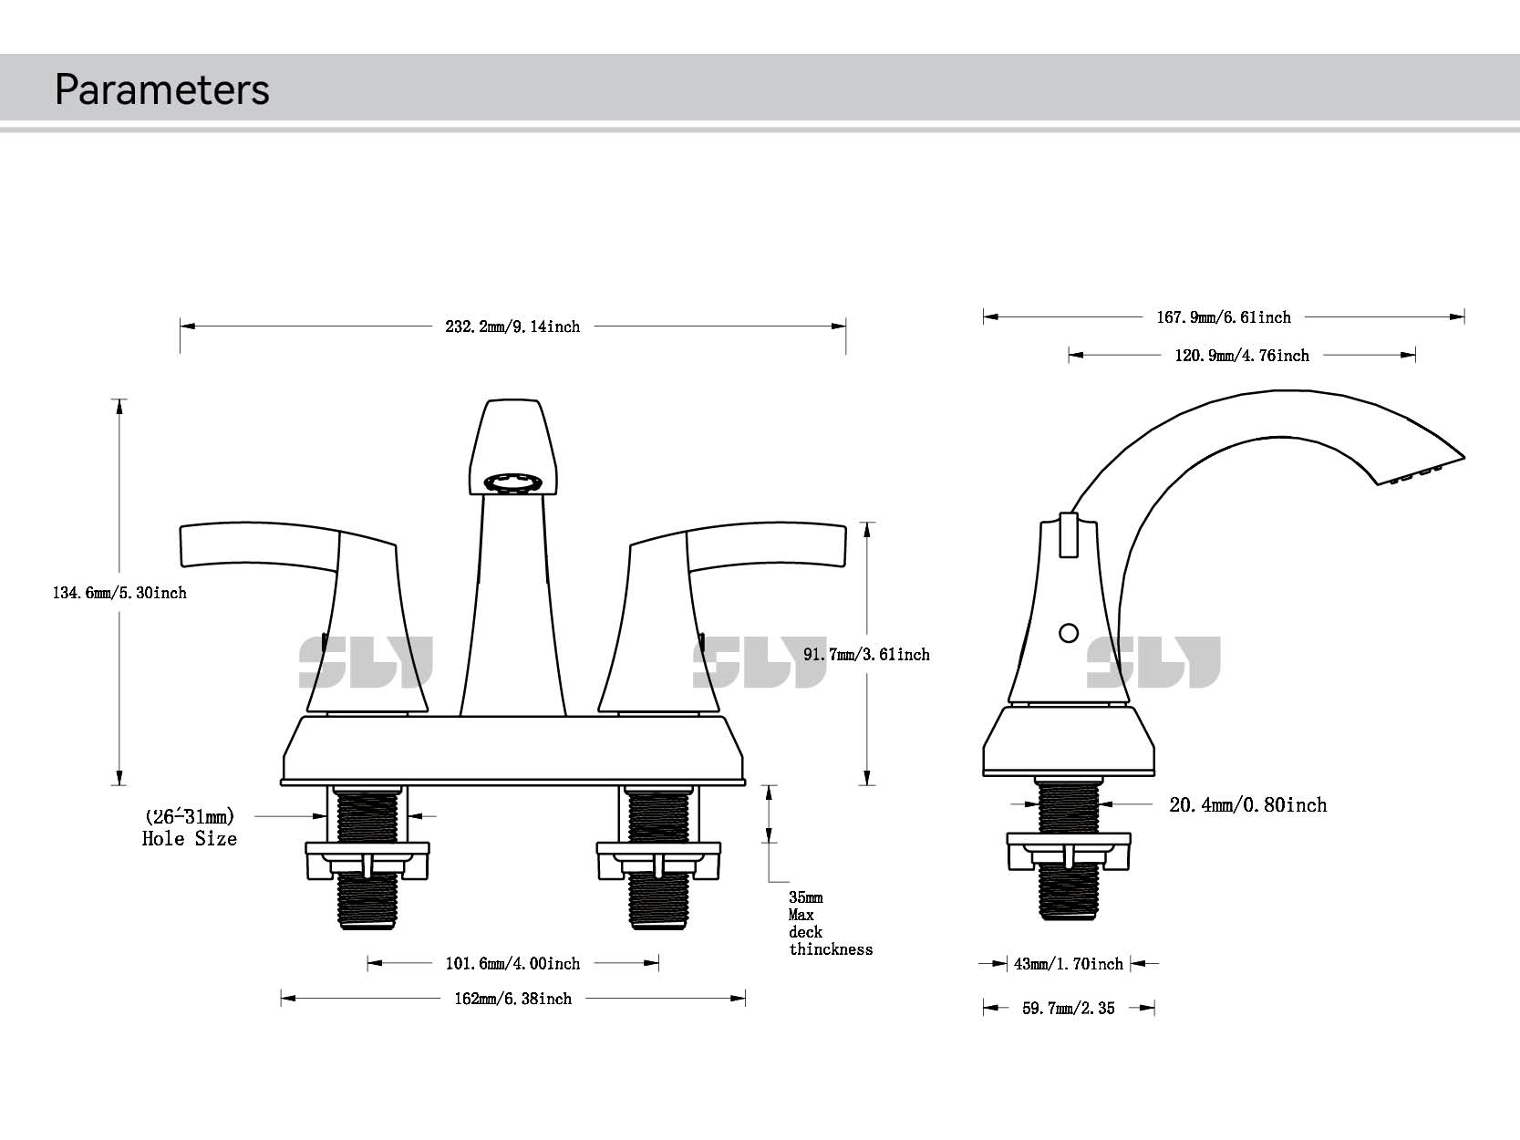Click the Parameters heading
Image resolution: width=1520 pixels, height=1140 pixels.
(x=161, y=89)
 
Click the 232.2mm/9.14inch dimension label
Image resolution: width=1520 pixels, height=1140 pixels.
(x=512, y=326)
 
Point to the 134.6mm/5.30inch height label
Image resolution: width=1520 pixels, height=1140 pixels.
(x=119, y=593)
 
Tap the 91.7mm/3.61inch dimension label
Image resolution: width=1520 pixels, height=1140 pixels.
(x=865, y=655)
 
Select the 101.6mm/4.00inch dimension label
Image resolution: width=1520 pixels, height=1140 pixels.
(x=512, y=964)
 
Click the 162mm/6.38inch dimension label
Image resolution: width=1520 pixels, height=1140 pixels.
(x=512, y=999)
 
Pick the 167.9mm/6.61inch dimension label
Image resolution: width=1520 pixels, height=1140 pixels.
(x=1223, y=317)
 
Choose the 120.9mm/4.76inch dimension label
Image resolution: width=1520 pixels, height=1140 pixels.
(x=1241, y=356)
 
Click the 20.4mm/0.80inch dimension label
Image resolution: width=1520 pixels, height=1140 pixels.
(x=1247, y=804)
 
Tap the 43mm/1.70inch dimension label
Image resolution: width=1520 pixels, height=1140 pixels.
(x=1068, y=964)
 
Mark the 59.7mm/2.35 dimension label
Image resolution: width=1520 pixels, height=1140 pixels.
(x=1068, y=1009)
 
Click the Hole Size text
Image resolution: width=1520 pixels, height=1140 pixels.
(x=190, y=839)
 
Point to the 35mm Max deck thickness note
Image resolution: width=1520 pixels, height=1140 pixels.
(x=829, y=924)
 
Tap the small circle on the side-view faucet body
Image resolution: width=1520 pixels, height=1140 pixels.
(x=1070, y=632)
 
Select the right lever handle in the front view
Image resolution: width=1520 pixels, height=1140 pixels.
(x=766, y=547)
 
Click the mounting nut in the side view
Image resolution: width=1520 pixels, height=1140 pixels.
(x=1068, y=851)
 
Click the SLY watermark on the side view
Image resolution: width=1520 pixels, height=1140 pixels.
(x=1153, y=662)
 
